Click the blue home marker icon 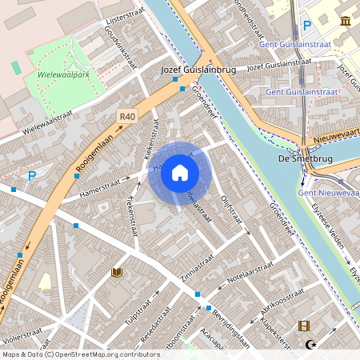[180, 173]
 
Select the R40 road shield [126, 116]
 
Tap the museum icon [345, 22]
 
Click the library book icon [117, 273]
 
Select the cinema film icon [304, 326]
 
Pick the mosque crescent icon [311, 346]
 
